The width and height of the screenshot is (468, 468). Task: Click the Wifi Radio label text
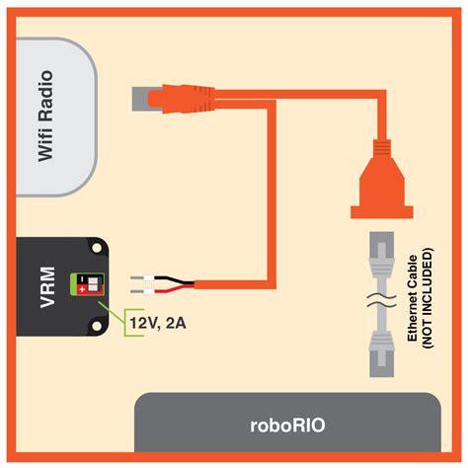pyautogui.click(x=45, y=121)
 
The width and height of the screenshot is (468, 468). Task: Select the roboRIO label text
pyautogui.click(x=287, y=426)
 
